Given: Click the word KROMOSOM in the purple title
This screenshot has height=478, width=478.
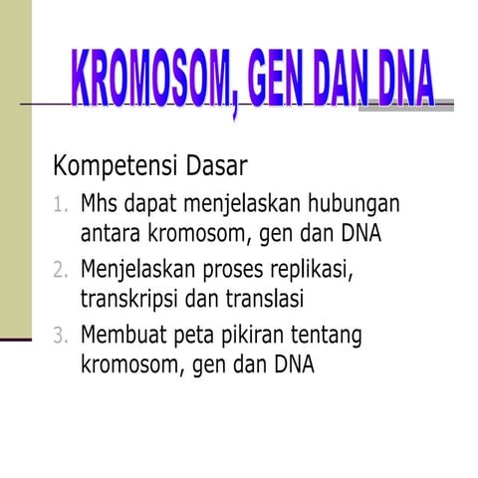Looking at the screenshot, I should coord(150,77).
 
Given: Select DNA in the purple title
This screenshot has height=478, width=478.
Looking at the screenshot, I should coord(397,77).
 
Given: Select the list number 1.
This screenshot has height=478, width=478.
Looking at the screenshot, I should coord(60,206).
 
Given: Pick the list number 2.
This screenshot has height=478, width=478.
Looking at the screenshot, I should coord(60,270).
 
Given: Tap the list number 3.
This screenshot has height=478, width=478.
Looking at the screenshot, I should coord(60,335).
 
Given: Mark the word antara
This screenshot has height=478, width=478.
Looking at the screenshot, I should coord(114,235).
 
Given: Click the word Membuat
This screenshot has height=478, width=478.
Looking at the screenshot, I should coord(123,334).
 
